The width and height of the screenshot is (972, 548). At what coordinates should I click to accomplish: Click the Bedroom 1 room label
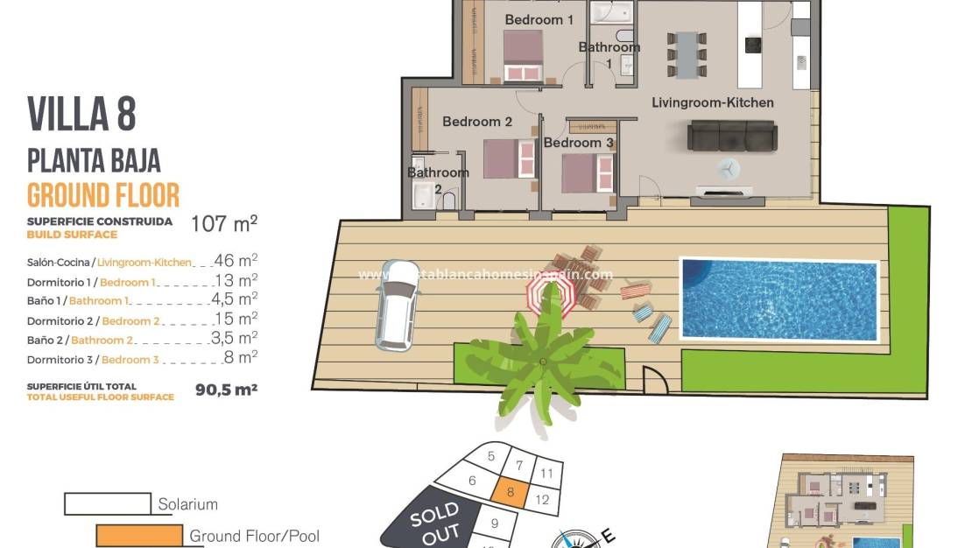click(x=539, y=19)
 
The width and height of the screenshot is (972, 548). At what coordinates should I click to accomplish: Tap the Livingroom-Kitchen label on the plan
click(x=712, y=102)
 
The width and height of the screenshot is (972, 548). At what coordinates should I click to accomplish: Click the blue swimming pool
click(x=778, y=299)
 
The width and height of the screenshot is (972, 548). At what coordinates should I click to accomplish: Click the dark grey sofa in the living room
click(x=732, y=136)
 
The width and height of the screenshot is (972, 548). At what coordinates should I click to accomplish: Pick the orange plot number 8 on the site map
click(x=510, y=492)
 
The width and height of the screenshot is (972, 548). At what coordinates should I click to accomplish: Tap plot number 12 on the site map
click(x=543, y=500)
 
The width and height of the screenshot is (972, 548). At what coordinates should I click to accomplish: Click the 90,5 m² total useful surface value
click(x=226, y=390)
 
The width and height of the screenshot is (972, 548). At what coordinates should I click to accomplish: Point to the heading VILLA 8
click(x=81, y=115)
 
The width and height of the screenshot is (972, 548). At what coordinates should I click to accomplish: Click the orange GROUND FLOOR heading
click(x=103, y=194)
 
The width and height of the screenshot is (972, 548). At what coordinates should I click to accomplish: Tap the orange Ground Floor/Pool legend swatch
click(x=138, y=535)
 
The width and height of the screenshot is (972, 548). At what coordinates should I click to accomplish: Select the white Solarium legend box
click(x=106, y=503)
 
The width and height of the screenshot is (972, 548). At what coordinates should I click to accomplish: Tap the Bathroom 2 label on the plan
click(x=438, y=179)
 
